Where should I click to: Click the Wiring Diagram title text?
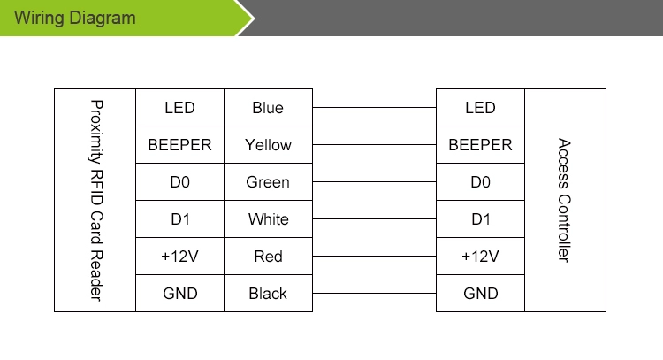pos(75,19)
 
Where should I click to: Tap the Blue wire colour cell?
pos(268,107)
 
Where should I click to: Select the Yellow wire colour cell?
pos(268,145)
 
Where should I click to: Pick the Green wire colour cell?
pos(268,182)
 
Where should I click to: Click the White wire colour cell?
pos(268,219)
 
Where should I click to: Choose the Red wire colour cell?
pos(268,257)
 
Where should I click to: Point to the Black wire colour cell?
pos(268,294)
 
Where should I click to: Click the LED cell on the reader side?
pos(179,107)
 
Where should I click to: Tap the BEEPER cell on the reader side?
pos(179,145)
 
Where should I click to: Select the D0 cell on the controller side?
pos(480,182)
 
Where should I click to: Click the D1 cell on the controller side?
pos(480,219)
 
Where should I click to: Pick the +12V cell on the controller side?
pos(480,257)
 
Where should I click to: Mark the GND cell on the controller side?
pos(480,294)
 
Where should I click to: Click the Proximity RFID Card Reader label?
pos(96,201)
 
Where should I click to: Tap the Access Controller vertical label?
pos(564,200)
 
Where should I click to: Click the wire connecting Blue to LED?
pos(374,107)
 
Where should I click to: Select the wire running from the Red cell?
pos(374,256)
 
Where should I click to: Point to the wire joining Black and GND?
pos(374,293)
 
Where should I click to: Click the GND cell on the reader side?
pos(179,294)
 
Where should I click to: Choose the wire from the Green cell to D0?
pos(374,182)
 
